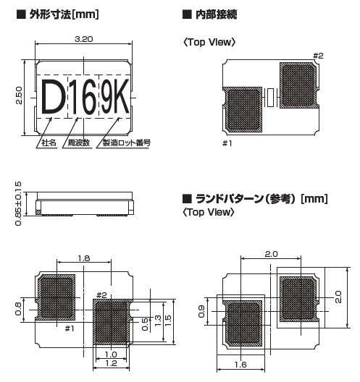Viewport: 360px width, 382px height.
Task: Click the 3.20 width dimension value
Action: tap(83, 39)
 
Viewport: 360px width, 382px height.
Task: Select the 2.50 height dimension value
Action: tap(19, 95)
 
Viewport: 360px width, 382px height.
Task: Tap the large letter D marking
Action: tap(53, 97)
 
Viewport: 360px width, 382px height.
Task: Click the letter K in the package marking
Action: tap(120, 96)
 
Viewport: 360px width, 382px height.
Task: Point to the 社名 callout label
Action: tap(49, 143)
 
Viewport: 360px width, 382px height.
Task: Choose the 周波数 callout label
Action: tap(78, 143)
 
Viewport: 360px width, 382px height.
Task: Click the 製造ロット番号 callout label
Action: tap(127, 143)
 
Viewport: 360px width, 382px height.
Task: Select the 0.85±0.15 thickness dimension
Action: tap(18, 203)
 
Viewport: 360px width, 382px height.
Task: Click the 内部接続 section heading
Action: tap(216, 14)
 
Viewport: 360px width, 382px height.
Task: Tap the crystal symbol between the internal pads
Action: tap(270, 98)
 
